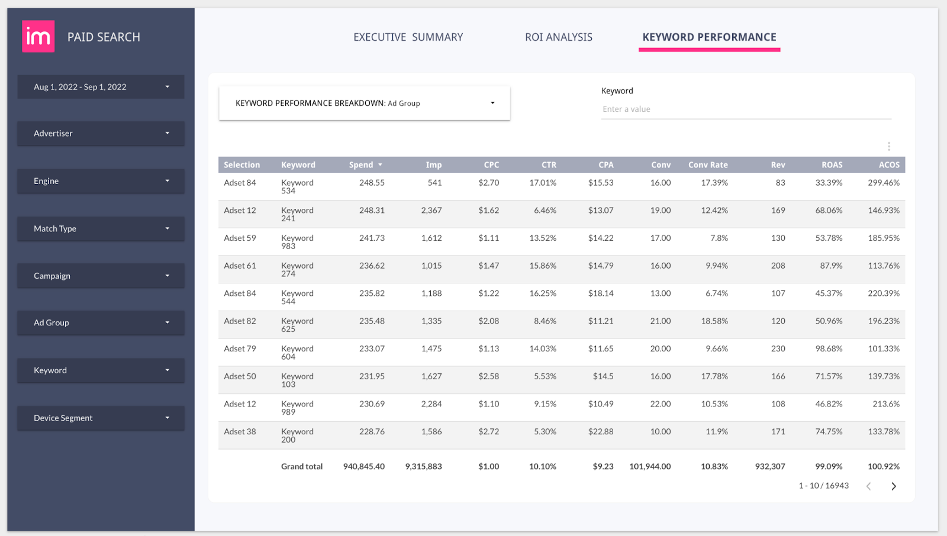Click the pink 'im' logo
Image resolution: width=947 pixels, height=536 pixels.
click(38, 37)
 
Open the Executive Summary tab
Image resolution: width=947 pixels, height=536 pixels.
click(408, 37)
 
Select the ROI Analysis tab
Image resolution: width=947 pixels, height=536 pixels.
click(558, 37)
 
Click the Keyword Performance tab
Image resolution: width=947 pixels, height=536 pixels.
click(709, 37)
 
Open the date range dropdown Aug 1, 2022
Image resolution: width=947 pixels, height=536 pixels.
click(101, 87)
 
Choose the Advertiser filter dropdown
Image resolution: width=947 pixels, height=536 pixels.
click(101, 134)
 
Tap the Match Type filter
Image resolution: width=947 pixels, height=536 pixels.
click(101, 228)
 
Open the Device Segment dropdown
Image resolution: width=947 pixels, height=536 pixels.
click(101, 418)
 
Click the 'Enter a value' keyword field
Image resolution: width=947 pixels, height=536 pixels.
click(746, 109)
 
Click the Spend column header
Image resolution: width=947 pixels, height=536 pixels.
click(362, 165)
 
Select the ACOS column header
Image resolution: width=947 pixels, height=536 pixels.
click(888, 165)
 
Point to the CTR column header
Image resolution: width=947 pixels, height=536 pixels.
click(548, 165)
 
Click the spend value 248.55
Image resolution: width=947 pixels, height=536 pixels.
click(372, 183)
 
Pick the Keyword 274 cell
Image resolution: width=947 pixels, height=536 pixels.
click(297, 269)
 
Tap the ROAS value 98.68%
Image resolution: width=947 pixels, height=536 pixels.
click(828, 349)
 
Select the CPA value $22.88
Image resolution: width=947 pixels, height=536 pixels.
click(600, 432)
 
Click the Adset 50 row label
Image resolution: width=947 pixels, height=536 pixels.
click(240, 376)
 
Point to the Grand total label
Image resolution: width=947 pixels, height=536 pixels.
click(302, 467)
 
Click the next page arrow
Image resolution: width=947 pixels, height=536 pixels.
click(894, 486)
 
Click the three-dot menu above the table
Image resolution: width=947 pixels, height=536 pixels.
click(888, 146)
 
